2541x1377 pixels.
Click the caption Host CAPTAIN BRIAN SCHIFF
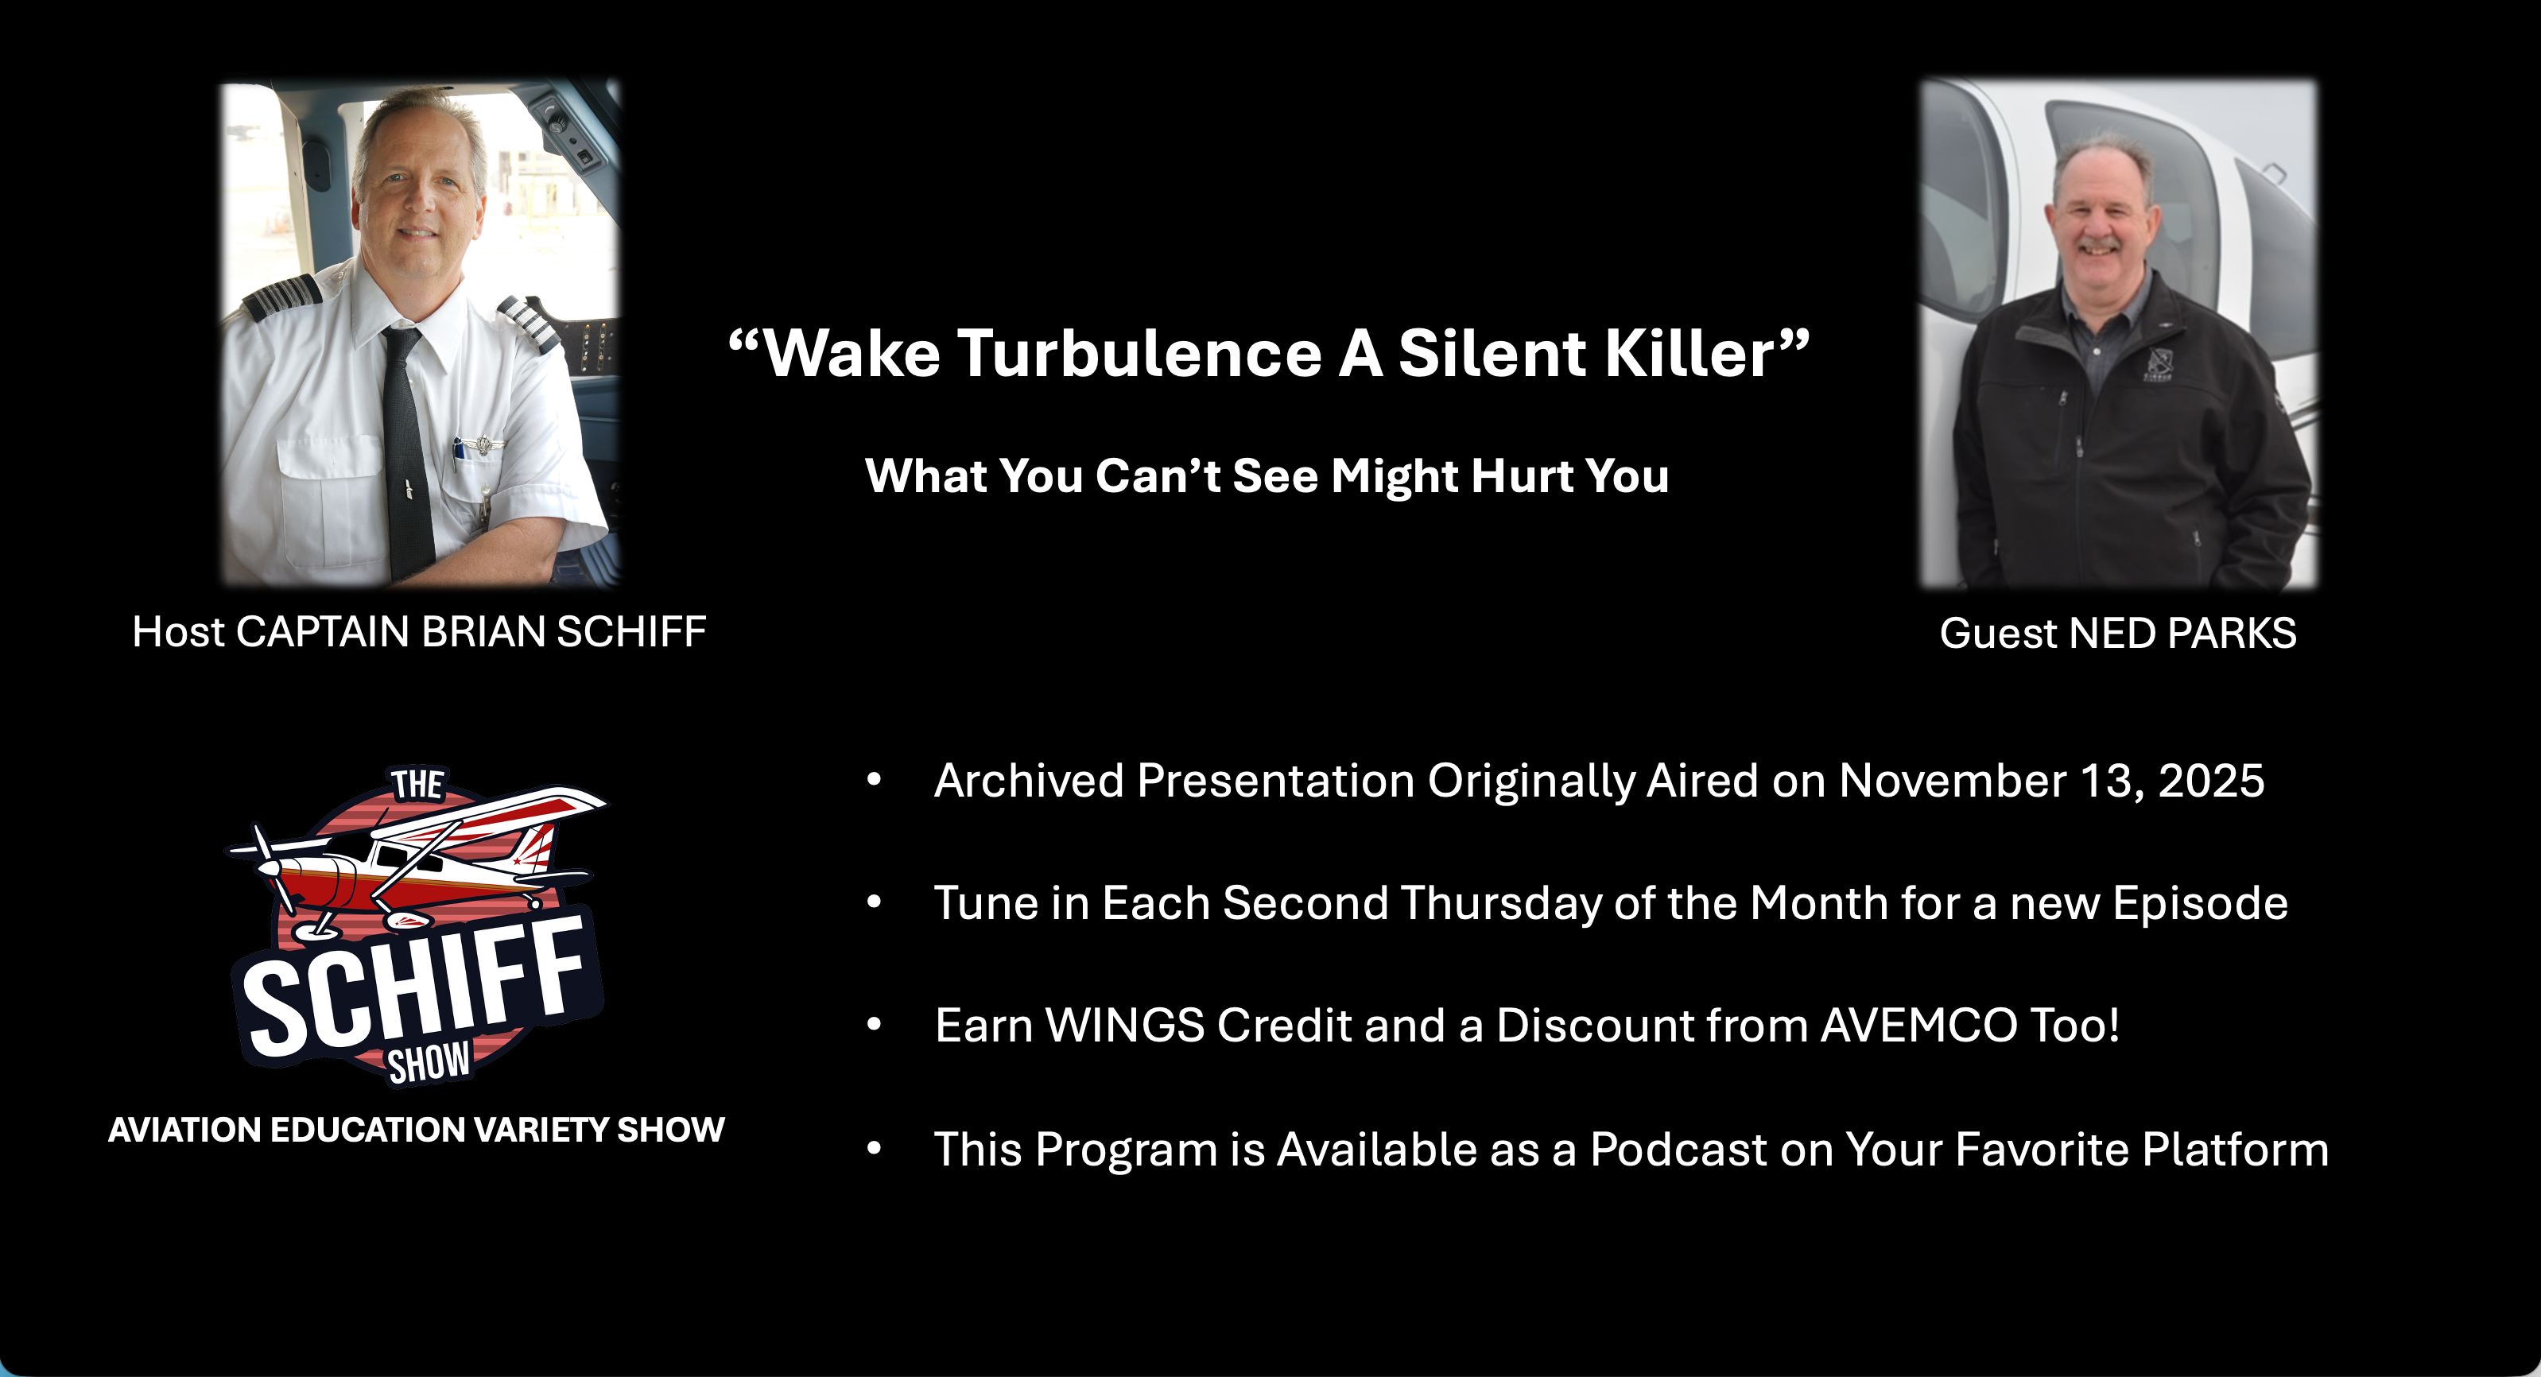point(419,631)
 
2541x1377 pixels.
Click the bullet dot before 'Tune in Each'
point(874,902)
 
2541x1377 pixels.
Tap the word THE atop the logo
point(417,784)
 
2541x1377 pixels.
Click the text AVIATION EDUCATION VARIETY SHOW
point(417,1130)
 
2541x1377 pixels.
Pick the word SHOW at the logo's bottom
point(429,1063)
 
